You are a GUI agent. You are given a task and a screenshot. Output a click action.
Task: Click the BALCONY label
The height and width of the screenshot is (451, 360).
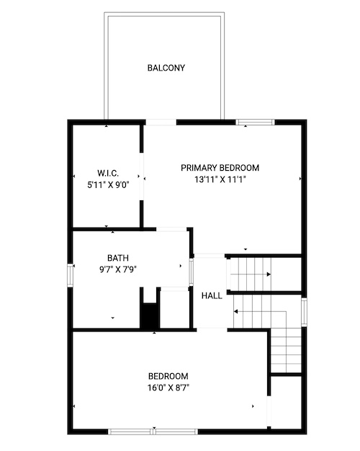tap(166, 68)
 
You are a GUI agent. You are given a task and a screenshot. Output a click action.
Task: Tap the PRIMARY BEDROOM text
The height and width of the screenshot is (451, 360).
tap(220, 168)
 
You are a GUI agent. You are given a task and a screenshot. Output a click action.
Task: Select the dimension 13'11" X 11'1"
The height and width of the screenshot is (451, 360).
tap(220, 180)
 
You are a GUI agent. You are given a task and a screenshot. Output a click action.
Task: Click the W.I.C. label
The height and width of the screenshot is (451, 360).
tap(108, 173)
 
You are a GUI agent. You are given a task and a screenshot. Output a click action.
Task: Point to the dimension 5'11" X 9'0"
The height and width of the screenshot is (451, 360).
tap(108, 185)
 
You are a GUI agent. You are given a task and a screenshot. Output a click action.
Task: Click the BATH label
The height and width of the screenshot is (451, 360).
tap(118, 258)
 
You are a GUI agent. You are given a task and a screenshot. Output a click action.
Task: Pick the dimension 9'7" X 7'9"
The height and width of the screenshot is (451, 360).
tap(118, 269)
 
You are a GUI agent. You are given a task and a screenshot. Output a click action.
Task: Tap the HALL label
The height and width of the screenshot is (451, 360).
tap(212, 295)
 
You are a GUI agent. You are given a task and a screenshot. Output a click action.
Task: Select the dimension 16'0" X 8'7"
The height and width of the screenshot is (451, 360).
tap(168, 388)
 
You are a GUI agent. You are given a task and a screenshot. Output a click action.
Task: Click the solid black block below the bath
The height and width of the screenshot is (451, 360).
tap(150, 316)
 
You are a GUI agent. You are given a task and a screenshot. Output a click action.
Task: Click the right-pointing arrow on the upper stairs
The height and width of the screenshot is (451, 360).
tap(250, 274)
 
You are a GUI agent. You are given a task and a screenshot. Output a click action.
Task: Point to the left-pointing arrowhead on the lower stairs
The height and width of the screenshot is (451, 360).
tap(235, 311)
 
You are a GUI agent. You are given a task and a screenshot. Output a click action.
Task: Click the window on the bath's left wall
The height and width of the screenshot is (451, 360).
tap(70, 276)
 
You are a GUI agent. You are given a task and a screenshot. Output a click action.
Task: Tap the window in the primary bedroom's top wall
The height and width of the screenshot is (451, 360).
tap(255, 122)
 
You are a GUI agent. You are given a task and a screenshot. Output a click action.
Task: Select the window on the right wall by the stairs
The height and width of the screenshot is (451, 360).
tap(304, 312)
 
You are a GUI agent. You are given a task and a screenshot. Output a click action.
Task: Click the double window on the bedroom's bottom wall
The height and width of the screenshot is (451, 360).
tap(153, 432)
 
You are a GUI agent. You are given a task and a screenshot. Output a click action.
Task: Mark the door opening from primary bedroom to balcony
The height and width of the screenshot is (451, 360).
tap(161, 122)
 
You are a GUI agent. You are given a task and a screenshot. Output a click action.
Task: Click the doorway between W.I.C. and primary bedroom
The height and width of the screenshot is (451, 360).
tap(141, 177)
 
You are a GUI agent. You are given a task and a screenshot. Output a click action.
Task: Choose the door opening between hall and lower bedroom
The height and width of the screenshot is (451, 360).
tap(212, 330)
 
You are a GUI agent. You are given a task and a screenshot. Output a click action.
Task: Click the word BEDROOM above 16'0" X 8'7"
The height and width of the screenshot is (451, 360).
tap(168, 376)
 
